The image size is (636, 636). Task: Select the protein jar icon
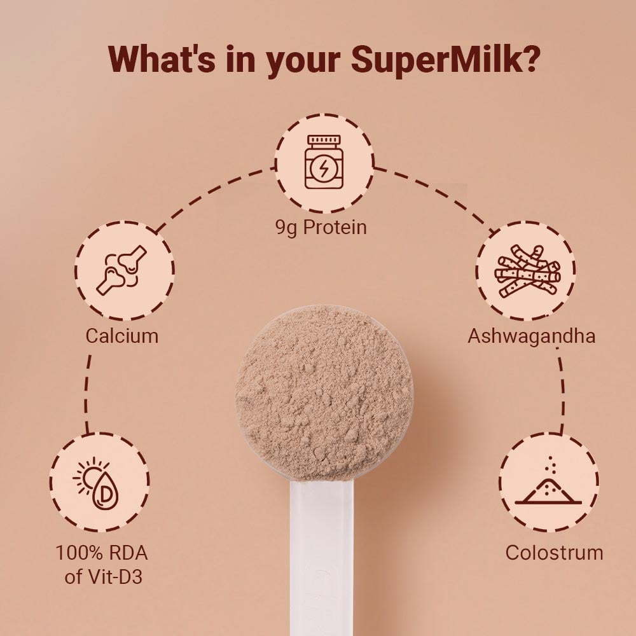[x=324, y=163]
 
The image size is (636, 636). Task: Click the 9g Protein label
[x=321, y=227]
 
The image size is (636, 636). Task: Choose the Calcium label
[x=122, y=335]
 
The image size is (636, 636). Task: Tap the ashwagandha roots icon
[x=527, y=271]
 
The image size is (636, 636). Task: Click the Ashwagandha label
[x=532, y=335]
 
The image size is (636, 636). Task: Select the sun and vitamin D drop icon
[x=99, y=483]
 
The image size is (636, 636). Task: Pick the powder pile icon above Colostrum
[x=548, y=483]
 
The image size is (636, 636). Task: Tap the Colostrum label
[x=554, y=551]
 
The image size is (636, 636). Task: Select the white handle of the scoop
[x=321, y=553]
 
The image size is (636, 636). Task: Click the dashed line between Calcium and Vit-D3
[x=86, y=394]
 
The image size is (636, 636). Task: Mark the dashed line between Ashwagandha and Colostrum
[x=562, y=394]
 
